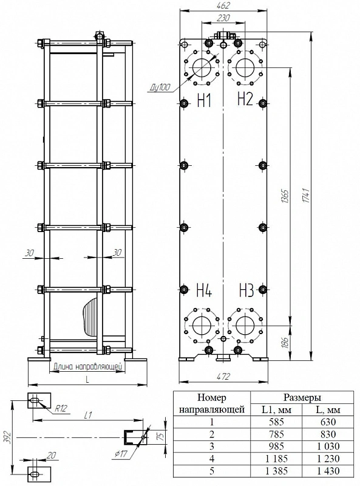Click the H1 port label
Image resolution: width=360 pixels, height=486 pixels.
204,100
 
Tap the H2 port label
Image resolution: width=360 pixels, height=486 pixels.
245,98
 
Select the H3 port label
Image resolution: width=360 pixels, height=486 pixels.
246,290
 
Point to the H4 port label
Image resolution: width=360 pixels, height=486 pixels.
204,290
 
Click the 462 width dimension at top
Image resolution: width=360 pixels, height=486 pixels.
223,5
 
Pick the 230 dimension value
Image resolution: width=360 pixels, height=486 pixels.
223,18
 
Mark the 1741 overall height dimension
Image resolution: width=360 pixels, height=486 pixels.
307,195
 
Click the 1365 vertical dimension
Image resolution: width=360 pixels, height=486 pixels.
285,196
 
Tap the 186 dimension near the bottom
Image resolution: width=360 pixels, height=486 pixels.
285,343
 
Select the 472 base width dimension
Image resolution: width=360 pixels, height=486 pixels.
223,376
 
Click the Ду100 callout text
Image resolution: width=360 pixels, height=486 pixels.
160,87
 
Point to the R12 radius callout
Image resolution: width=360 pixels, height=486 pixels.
61,408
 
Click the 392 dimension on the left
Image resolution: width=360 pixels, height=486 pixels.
9,437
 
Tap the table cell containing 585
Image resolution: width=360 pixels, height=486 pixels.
276,422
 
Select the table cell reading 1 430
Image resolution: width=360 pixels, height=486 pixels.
328,471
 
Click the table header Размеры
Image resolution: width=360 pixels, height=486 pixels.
302,397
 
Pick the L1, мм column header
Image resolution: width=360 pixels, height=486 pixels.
276,409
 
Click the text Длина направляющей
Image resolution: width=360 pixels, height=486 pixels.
87,367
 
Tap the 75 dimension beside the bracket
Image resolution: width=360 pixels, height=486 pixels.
161,436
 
